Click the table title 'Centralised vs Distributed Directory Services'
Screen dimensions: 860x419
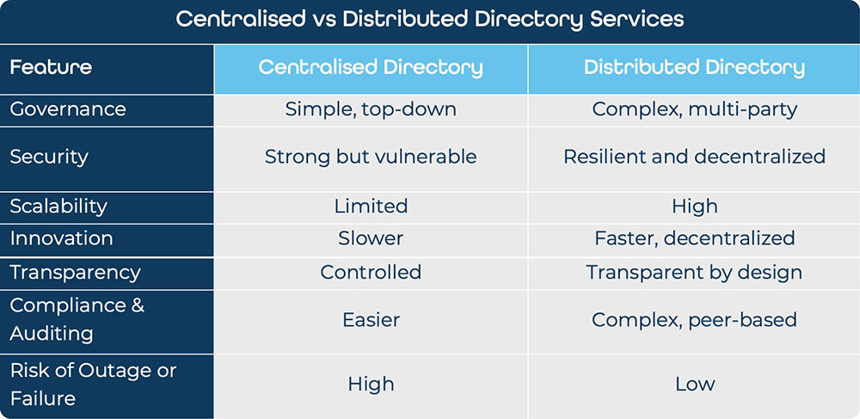tap(429, 20)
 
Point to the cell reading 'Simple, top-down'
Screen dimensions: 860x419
tap(371, 109)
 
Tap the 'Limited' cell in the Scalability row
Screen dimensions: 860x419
tap(371, 206)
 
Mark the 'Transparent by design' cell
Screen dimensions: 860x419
tap(694, 273)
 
